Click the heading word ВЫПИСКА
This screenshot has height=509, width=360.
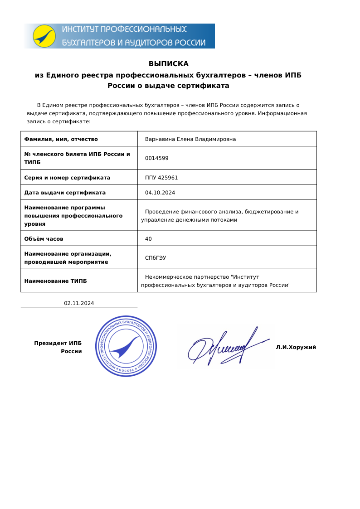168,64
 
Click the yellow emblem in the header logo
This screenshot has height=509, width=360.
44,36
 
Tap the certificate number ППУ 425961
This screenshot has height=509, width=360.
161,178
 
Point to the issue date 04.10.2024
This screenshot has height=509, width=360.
160,193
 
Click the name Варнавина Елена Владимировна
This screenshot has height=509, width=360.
190,139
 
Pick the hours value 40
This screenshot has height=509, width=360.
148,239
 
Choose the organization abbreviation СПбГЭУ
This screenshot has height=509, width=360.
155,258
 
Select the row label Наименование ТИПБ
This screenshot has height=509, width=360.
55,281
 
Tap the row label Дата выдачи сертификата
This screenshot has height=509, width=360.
65,193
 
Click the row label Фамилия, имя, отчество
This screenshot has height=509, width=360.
61,139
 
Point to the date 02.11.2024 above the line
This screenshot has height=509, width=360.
79,303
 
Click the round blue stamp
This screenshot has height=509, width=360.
126,345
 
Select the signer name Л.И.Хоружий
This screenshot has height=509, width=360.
296,347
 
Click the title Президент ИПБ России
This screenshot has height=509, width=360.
58,347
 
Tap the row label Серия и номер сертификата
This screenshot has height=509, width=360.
67,178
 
